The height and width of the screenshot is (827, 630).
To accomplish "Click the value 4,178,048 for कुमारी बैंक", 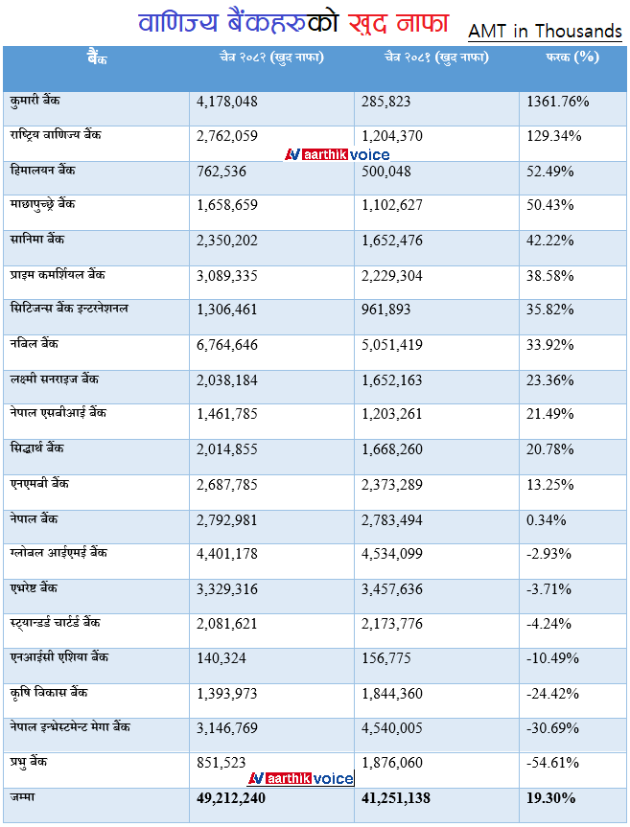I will [227, 101].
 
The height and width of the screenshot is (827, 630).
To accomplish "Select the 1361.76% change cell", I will [558, 101].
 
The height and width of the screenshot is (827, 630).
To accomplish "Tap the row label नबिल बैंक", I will [33, 343].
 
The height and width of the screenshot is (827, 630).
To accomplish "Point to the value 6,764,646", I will [227, 345].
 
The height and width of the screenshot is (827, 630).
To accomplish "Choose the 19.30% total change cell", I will [550, 797].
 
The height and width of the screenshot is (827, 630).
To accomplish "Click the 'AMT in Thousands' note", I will [545, 32].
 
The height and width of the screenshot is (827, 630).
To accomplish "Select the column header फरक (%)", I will [572, 57].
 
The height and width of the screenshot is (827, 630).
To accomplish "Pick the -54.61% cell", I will [554, 763].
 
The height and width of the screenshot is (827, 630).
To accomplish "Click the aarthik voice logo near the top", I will [338, 154].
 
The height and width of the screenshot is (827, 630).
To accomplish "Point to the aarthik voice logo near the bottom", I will [301, 778].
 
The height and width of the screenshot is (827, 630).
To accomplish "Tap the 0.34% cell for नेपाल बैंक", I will [547, 519].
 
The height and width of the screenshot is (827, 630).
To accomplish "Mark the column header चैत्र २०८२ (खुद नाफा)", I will [271, 57].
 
